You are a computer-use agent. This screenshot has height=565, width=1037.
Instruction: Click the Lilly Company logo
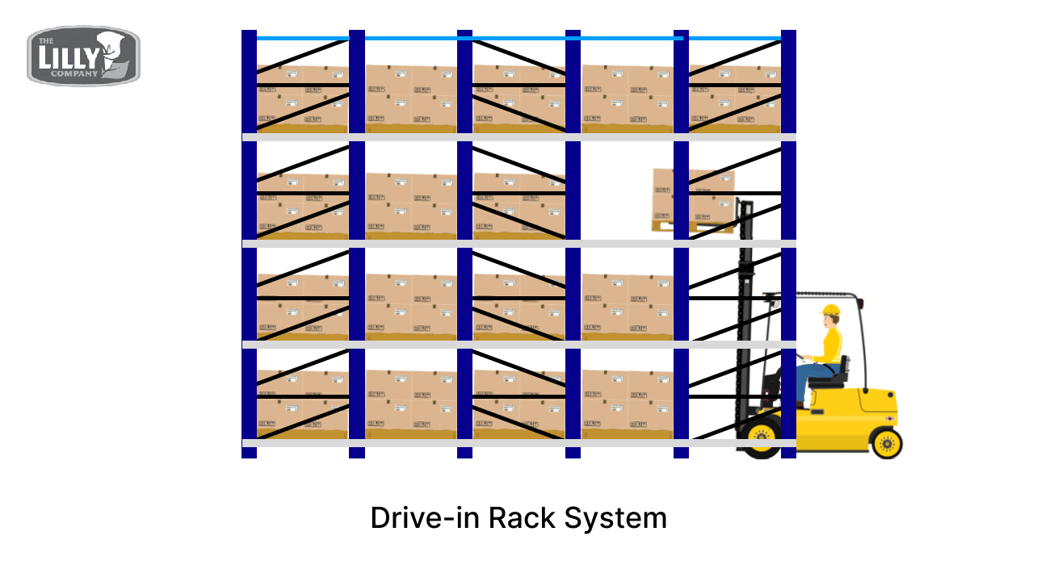[83, 56]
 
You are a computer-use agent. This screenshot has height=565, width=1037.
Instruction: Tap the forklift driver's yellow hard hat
[831, 310]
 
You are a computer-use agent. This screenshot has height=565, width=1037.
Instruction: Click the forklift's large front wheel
[761, 437]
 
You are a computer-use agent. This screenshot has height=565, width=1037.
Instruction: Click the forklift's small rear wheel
[886, 442]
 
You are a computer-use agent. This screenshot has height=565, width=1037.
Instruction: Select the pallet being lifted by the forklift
[693, 200]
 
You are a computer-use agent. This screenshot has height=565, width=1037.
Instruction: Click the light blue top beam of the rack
[517, 38]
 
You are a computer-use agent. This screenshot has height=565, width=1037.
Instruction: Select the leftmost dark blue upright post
[249, 242]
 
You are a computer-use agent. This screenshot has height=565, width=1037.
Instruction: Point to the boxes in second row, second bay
[410, 206]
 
